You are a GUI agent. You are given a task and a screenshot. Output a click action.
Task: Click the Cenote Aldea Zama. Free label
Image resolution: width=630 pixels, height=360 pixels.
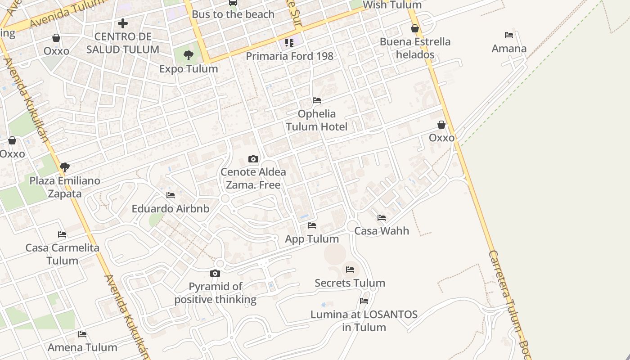253,178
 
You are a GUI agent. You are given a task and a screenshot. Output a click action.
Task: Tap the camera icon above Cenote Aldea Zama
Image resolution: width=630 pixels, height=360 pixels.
253,159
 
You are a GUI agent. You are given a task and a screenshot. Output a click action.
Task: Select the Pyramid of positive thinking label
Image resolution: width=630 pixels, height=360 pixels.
215,293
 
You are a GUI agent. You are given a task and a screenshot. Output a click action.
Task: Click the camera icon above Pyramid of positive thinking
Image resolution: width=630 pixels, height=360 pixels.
215,273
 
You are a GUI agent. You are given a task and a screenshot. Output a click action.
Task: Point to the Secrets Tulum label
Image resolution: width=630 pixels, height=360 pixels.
350,283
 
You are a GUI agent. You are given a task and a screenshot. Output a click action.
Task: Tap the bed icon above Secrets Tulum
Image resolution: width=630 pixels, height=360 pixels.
350,270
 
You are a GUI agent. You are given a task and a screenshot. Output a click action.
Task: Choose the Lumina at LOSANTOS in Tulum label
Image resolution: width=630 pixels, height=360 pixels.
364,320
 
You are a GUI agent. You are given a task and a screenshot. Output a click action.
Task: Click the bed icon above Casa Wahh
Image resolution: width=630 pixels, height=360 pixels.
382,218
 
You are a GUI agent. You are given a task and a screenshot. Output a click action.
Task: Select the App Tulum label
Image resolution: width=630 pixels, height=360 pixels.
312,239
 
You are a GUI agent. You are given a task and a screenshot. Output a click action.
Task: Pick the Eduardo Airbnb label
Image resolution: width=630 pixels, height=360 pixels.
170,209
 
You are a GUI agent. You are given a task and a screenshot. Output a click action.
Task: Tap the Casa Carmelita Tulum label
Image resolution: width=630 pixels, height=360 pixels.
62,254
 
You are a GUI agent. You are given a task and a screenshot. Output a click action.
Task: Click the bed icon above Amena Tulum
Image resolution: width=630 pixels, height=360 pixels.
82,334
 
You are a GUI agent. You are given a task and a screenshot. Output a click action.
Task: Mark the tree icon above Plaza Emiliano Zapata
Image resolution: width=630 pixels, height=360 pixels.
65,167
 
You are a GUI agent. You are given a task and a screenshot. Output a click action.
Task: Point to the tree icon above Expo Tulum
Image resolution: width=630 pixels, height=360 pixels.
189,55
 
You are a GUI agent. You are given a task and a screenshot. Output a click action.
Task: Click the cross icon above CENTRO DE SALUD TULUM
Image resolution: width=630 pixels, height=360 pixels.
122,23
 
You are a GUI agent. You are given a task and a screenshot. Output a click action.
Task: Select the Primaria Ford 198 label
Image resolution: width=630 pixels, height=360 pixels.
289,56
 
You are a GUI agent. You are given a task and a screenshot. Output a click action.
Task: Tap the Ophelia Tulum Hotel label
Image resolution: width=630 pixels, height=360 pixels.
317,120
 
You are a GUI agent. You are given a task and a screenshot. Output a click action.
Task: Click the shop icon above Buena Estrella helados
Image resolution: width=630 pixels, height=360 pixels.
415,29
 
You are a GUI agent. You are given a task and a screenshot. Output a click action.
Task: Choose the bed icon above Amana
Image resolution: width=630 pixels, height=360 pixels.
509,35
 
